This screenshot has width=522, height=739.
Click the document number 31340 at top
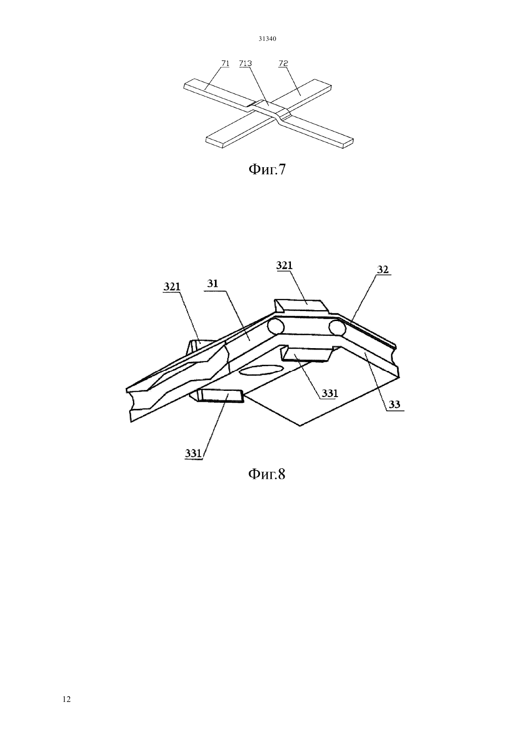[267, 39]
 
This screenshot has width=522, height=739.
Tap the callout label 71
[225, 63]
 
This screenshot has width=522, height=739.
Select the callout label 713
[245, 63]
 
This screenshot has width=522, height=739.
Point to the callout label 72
[283, 63]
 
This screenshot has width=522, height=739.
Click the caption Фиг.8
[267, 474]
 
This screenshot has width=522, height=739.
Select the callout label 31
[213, 284]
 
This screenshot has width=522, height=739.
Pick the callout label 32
[382, 270]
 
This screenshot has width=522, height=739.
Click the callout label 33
[394, 405]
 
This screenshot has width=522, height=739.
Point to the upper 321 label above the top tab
[284, 265]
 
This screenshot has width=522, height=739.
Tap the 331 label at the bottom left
[193, 453]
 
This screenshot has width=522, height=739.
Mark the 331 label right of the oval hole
[330, 393]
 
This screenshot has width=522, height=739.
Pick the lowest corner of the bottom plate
[300, 426]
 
